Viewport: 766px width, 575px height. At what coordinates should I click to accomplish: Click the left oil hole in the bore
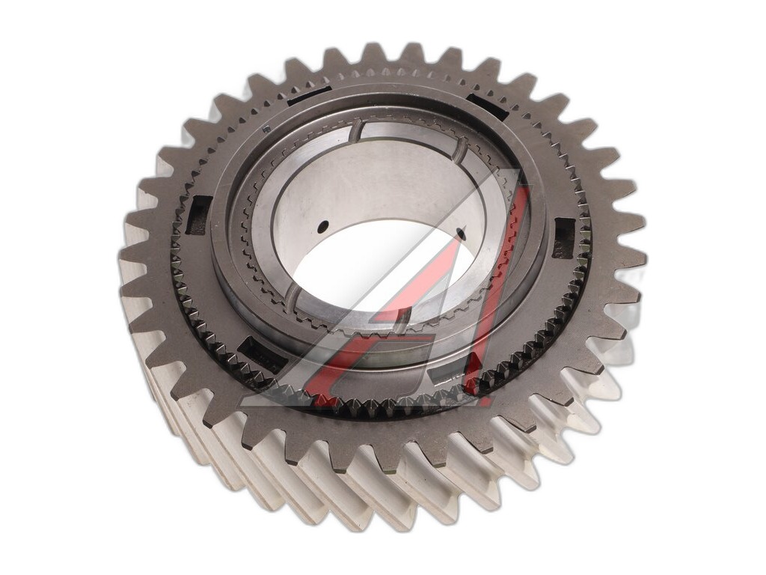point(323,227)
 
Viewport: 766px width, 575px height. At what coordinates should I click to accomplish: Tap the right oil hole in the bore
point(459,233)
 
